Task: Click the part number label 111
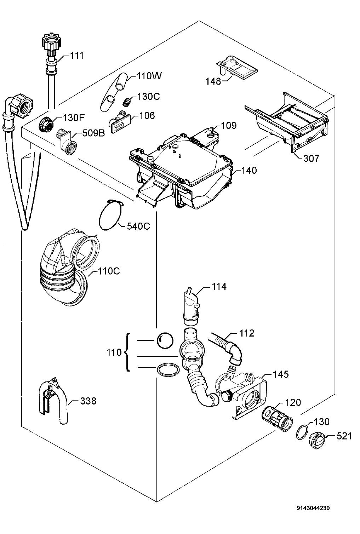point(77,56)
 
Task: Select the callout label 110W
point(149,76)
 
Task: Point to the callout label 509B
point(93,133)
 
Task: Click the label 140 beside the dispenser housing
point(249,170)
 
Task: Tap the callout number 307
point(311,159)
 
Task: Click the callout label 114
point(219,286)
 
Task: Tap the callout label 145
point(281,374)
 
